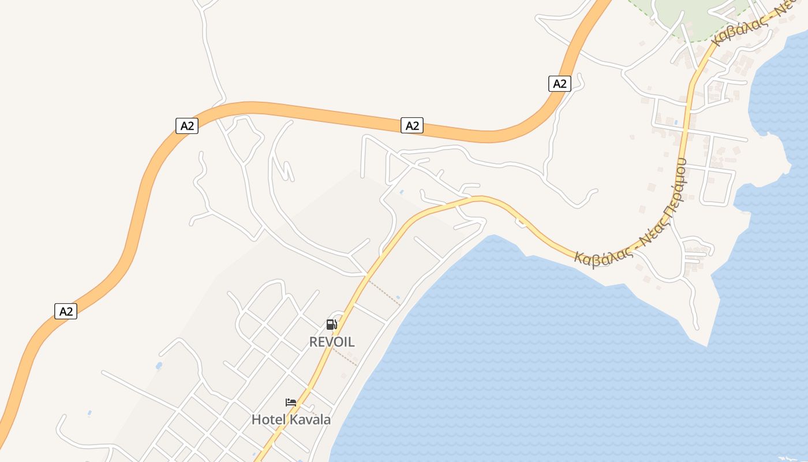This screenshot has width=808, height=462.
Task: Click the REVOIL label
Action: (x=332, y=342)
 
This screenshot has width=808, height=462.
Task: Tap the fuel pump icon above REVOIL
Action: (x=331, y=325)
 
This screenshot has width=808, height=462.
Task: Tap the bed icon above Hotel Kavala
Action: (x=291, y=403)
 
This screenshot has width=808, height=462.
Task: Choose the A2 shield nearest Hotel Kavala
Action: (x=66, y=311)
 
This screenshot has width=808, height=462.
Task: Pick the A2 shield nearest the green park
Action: (x=559, y=84)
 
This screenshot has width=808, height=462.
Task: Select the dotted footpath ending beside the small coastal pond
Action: (x=384, y=292)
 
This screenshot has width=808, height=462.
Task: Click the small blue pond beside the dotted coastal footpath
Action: (x=398, y=298)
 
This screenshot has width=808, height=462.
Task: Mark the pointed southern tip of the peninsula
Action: (x=707, y=346)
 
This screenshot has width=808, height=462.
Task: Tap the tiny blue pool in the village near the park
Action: (x=676, y=122)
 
